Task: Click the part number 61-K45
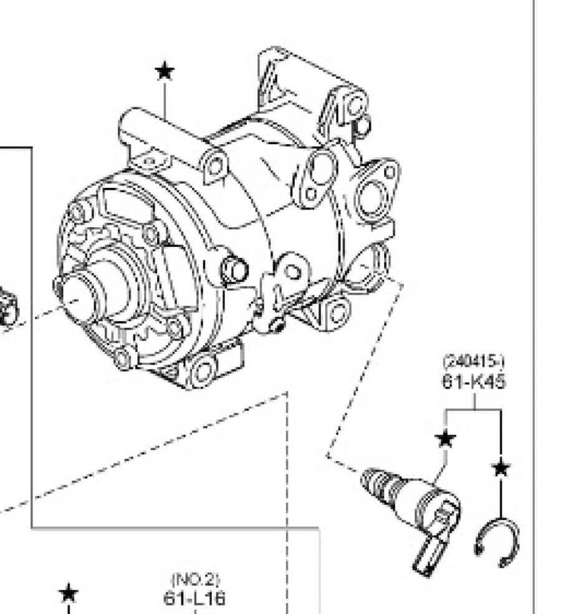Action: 474,381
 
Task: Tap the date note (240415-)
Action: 473,361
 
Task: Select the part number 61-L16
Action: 194,598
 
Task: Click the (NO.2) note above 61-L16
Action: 196,579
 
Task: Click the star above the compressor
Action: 165,71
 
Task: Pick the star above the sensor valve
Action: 446,438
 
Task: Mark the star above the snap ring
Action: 501,468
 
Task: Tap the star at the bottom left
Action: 69,593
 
